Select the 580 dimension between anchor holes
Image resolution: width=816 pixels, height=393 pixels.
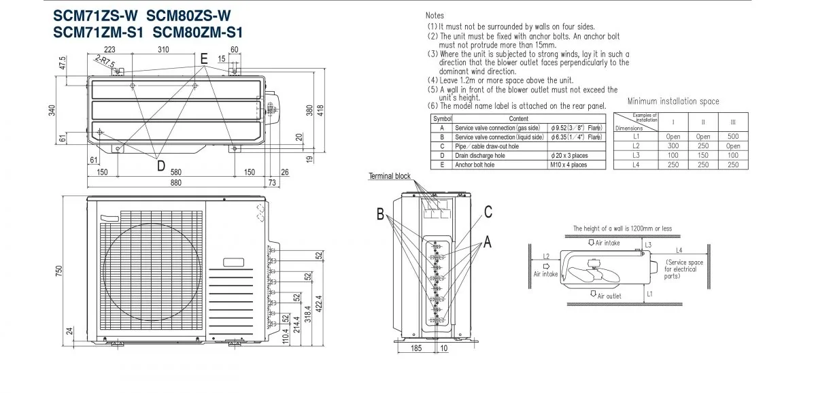click(176, 172)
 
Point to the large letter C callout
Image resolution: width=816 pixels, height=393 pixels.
click(488, 211)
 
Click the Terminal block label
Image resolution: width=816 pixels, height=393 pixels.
click(390, 176)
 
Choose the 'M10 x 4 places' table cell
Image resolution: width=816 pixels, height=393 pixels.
click(568, 165)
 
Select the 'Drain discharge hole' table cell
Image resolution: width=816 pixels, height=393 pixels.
click(480, 156)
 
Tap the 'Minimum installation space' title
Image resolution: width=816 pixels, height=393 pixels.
click(673, 101)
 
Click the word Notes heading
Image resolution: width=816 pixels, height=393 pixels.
click(435, 15)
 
